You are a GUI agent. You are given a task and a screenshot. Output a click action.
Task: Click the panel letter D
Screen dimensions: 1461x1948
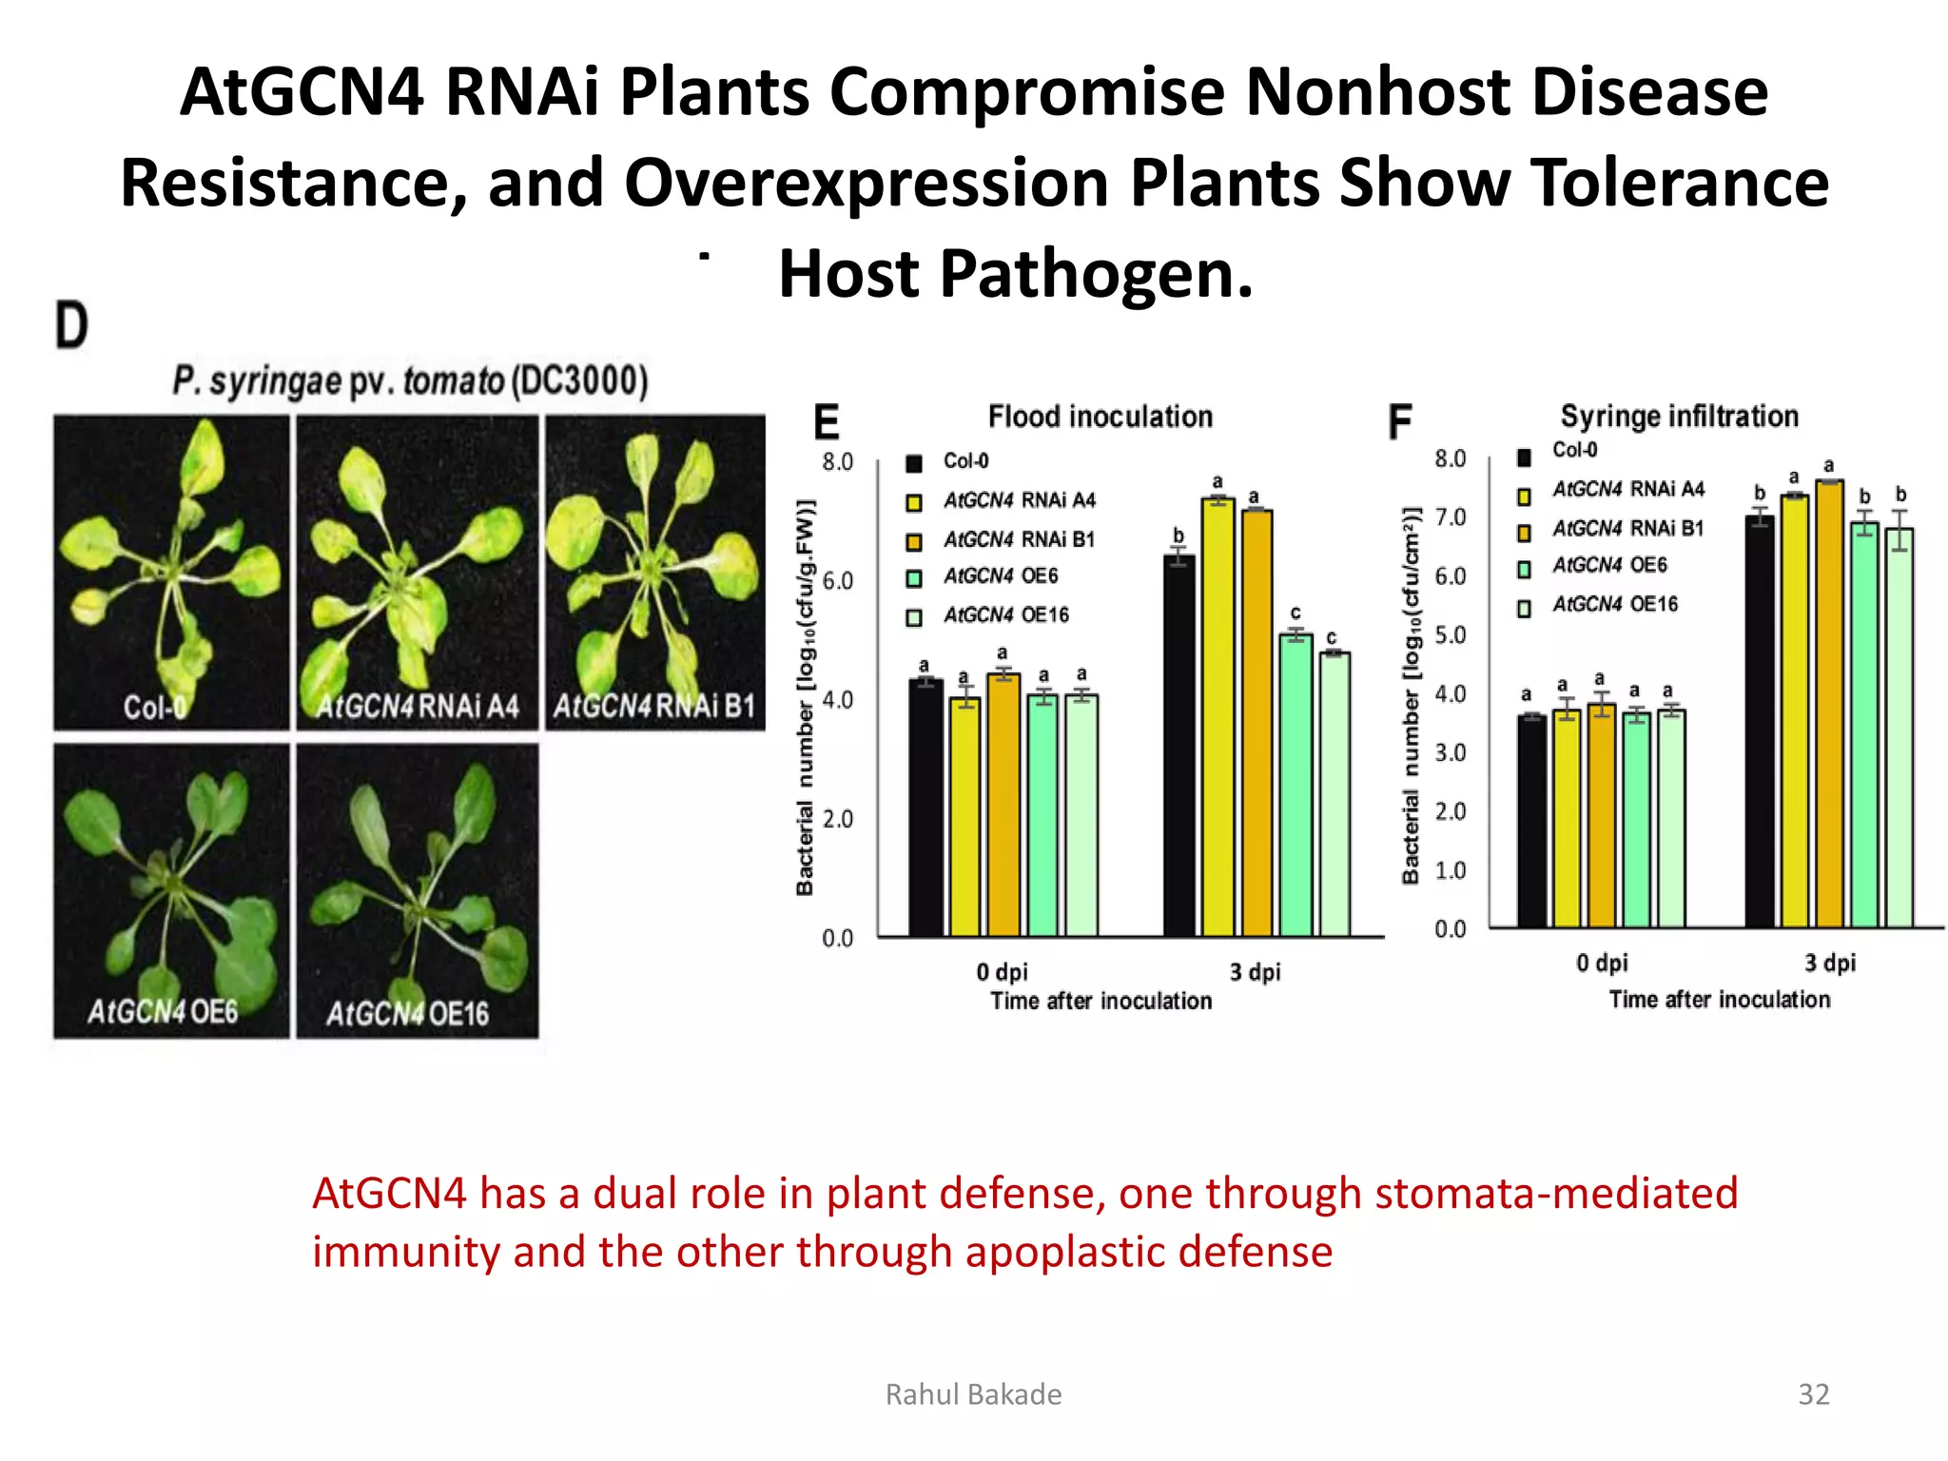pyautogui.click(x=71, y=325)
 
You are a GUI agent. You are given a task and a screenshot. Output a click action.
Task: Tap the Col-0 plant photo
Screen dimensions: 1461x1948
pyautogui.click(x=171, y=573)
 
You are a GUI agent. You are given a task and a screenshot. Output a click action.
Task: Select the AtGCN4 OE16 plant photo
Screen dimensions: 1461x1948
pyautogui.click(x=418, y=891)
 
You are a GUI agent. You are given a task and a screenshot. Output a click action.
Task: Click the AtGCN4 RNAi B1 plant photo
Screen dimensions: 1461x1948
pyautogui.click(x=654, y=573)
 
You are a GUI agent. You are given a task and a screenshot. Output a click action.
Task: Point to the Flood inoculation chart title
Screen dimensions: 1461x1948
pyautogui.click(x=1101, y=417)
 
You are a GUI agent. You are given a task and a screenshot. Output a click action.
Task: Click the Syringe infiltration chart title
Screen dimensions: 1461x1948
pyautogui.click(x=1679, y=416)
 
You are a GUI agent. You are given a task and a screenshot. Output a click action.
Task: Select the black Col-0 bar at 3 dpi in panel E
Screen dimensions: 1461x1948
pyautogui.click(x=1179, y=747)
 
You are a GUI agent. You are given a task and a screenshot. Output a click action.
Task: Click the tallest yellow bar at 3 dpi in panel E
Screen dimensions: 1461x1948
pyautogui.click(x=1217, y=718)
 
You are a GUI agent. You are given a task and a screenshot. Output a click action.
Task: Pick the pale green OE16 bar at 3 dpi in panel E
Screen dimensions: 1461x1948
pyautogui.click(x=1334, y=794)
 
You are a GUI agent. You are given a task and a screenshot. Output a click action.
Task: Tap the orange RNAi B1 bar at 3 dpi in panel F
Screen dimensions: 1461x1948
pyautogui.click(x=1829, y=704)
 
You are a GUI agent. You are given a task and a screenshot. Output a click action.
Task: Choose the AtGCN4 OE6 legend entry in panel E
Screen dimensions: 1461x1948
pyautogui.click(x=1000, y=576)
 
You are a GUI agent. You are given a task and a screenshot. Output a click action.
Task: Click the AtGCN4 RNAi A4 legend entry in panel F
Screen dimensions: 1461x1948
pyautogui.click(x=1627, y=489)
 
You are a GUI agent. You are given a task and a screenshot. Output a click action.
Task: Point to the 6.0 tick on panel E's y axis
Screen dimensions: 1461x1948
pyautogui.click(x=837, y=581)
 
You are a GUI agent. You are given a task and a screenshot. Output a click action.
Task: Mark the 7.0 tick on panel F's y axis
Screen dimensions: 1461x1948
pyautogui.click(x=1451, y=517)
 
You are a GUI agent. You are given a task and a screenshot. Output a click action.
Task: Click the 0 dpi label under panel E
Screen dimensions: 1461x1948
pyautogui.click(x=1002, y=972)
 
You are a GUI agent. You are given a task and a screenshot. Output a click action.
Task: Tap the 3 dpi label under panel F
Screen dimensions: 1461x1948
pyautogui.click(x=1830, y=963)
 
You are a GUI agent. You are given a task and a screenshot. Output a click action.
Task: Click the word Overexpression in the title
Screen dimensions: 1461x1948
pyautogui.click(x=867, y=183)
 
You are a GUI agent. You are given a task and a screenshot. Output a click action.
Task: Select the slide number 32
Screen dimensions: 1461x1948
pyautogui.click(x=1813, y=1394)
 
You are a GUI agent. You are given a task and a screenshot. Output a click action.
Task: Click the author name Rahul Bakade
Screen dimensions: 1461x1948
pyautogui.click(x=973, y=1394)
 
